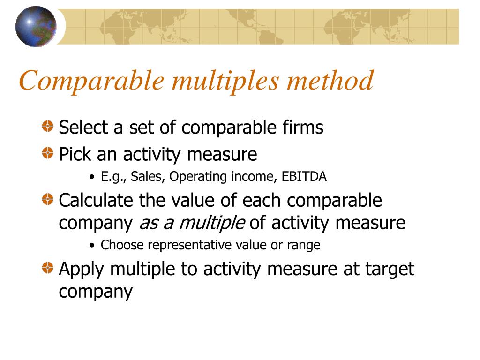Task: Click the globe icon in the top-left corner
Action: pos(36,26)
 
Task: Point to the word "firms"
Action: pos(304,127)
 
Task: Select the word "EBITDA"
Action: pos(304,177)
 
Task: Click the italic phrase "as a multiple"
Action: pos(192,223)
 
